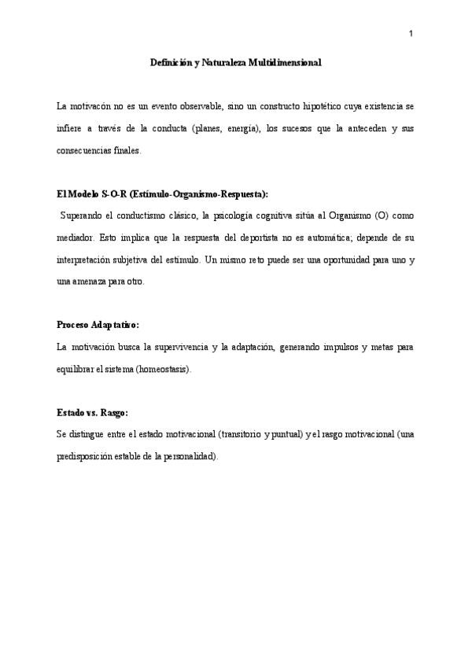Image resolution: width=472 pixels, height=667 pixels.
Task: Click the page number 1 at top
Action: tap(411, 33)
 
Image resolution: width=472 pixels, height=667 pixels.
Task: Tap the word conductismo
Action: tap(134, 216)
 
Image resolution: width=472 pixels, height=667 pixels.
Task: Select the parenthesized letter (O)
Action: tap(380, 216)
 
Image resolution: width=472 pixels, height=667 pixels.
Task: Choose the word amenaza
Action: tap(93, 282)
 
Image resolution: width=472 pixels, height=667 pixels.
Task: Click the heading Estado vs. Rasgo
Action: tap(92, 413)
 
